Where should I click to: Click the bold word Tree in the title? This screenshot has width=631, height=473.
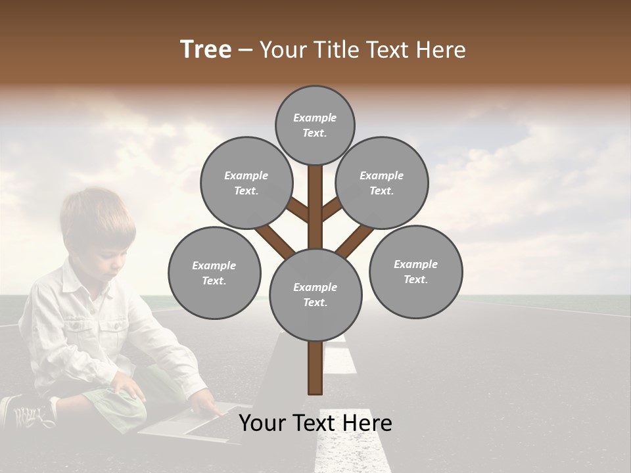coord(206,49)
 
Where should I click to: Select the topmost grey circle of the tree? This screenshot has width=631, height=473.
coord(315,125)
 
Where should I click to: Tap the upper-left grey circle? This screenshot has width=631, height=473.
coord(246,183)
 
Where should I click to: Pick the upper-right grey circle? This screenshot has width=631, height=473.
coord(381,183)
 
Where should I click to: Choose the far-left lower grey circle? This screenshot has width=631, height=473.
coord(214,273)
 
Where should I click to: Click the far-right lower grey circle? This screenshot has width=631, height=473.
coord(415,271)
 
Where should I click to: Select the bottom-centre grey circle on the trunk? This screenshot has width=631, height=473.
coord(315,294)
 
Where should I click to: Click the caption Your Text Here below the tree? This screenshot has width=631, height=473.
coord(315,423)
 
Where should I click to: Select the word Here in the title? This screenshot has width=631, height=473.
coord(441,49)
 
